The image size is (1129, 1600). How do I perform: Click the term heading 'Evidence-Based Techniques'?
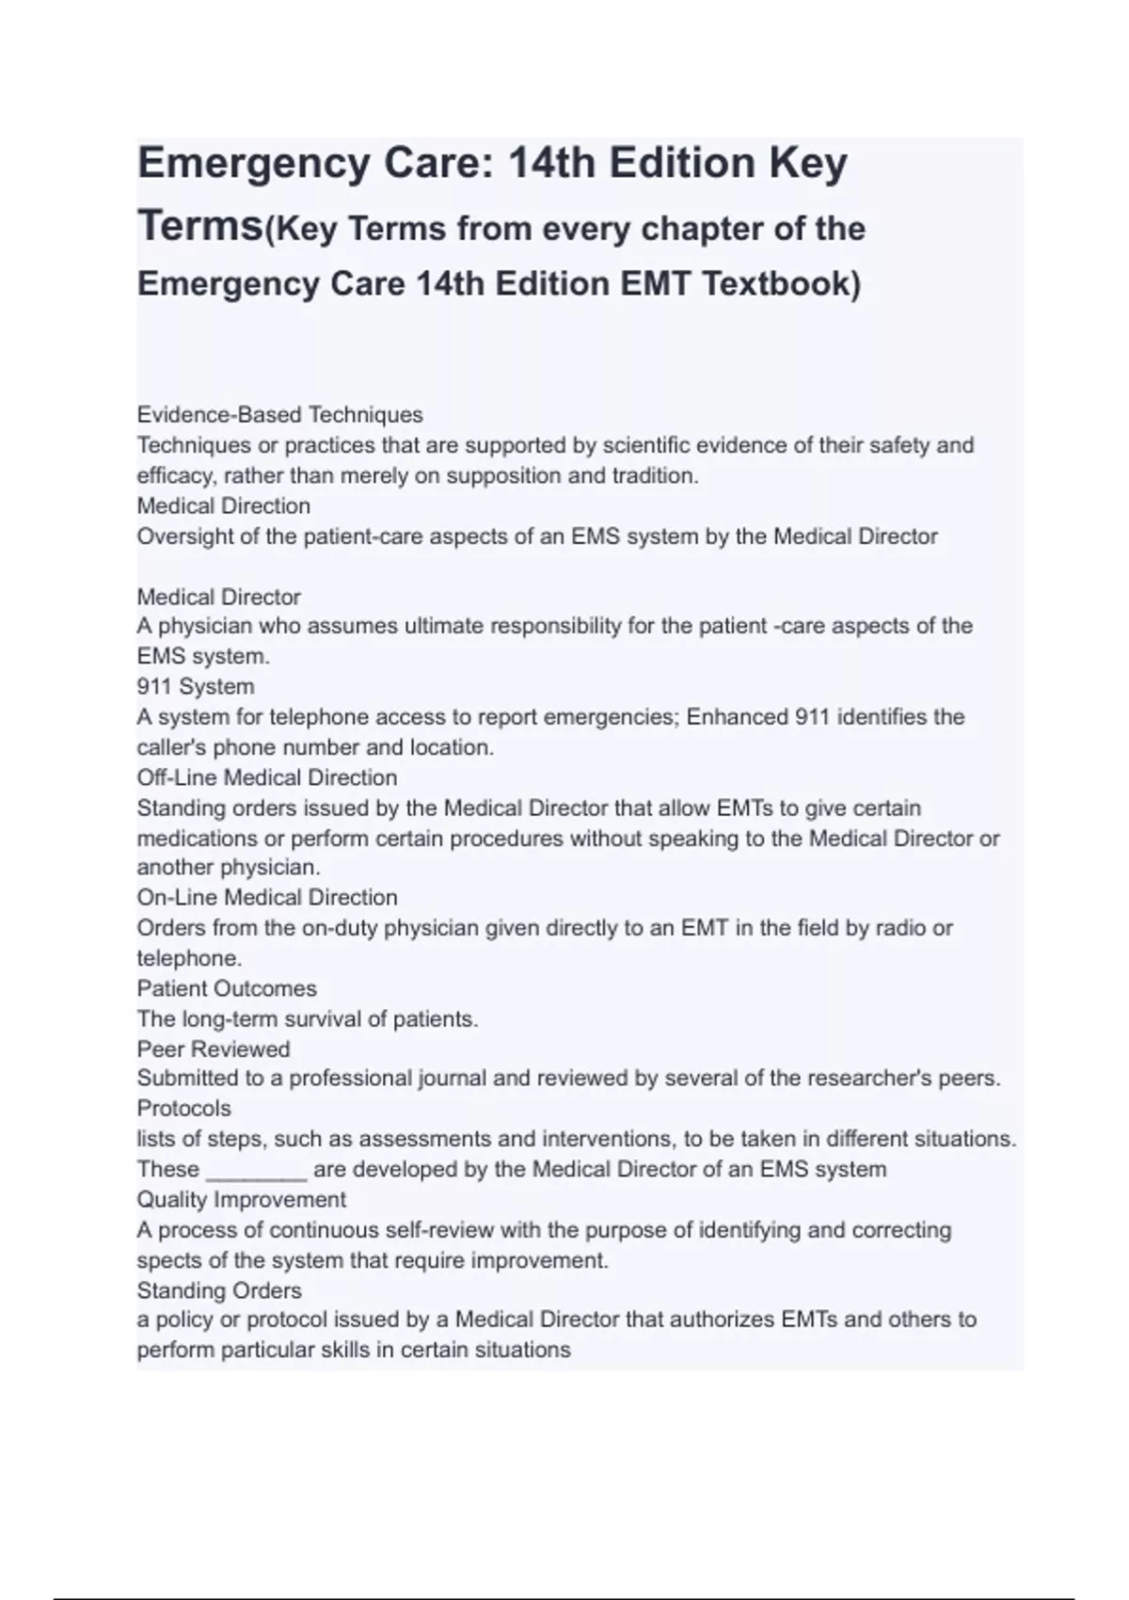279,415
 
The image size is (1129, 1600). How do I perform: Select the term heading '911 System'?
195,687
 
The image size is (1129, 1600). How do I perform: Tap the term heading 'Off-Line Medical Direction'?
266,777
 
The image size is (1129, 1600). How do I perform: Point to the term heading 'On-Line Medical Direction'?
266,897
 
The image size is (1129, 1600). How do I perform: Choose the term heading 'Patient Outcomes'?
226,988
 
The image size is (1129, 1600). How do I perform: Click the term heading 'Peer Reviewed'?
213,1048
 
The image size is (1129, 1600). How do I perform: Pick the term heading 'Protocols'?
183,1108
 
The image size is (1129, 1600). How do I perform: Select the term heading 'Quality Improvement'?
241,1199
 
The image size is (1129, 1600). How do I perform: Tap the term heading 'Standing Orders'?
218,1290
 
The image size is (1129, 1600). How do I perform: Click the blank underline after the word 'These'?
256,1170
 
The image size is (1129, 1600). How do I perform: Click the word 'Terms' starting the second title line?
200,226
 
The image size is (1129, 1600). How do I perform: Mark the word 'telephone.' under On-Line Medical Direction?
189,958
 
